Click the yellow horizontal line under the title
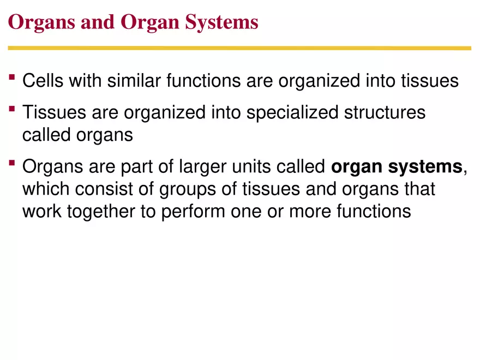click(239, 48)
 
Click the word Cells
click(41, 81)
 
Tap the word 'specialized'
click(294, 113)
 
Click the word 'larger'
click(202, 167)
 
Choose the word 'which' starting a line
click(46, 189)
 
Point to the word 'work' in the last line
click(42, 211)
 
